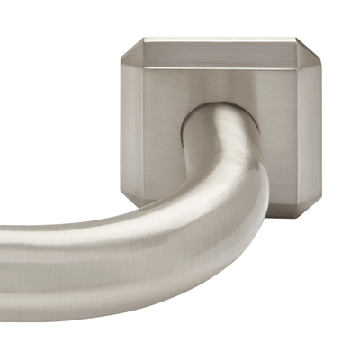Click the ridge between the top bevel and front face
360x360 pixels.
point(220,70)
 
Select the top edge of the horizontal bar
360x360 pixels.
point(72,227)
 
